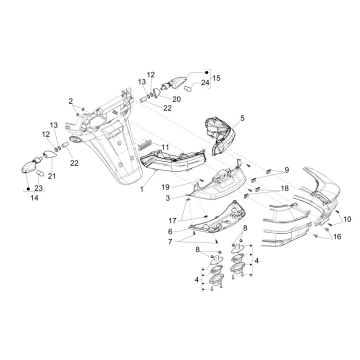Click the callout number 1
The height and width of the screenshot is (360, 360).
[141, 188]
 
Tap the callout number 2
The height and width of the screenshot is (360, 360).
[71, 102]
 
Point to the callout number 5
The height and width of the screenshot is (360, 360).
[239, 117]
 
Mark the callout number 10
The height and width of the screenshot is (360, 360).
[348, 217]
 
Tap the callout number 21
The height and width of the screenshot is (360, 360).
[53, 177]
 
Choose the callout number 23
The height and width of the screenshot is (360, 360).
[39, 188]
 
